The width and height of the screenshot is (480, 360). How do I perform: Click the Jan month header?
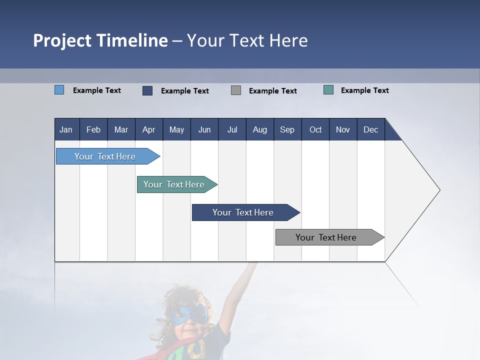point(66,129)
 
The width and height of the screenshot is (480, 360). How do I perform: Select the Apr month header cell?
point(149,129)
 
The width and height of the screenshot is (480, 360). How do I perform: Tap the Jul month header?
point(232,129)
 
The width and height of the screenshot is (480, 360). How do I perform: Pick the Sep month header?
point(287,129)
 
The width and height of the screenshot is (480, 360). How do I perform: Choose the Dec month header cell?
point(370,129)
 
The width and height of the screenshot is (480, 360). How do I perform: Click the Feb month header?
point(93,129)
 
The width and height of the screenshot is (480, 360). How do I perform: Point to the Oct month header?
point(315,129)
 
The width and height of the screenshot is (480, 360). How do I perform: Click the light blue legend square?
point(59,90)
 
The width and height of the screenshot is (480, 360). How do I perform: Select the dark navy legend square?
point(147,90)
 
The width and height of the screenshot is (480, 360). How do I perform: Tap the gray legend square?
point(236,90)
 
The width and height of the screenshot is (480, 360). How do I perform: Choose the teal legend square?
point(328,90)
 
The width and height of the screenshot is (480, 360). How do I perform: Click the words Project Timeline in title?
point(100,40)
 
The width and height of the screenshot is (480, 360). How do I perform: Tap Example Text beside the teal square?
point(364,90)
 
